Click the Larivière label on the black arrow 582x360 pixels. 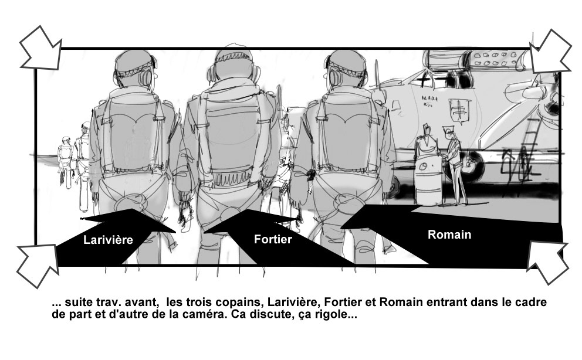108,240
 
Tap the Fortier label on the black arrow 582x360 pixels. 273,239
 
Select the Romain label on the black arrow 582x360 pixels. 449,235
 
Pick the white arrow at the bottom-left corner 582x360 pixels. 38,265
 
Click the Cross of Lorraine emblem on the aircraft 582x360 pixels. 459,110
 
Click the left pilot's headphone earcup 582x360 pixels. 145,78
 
